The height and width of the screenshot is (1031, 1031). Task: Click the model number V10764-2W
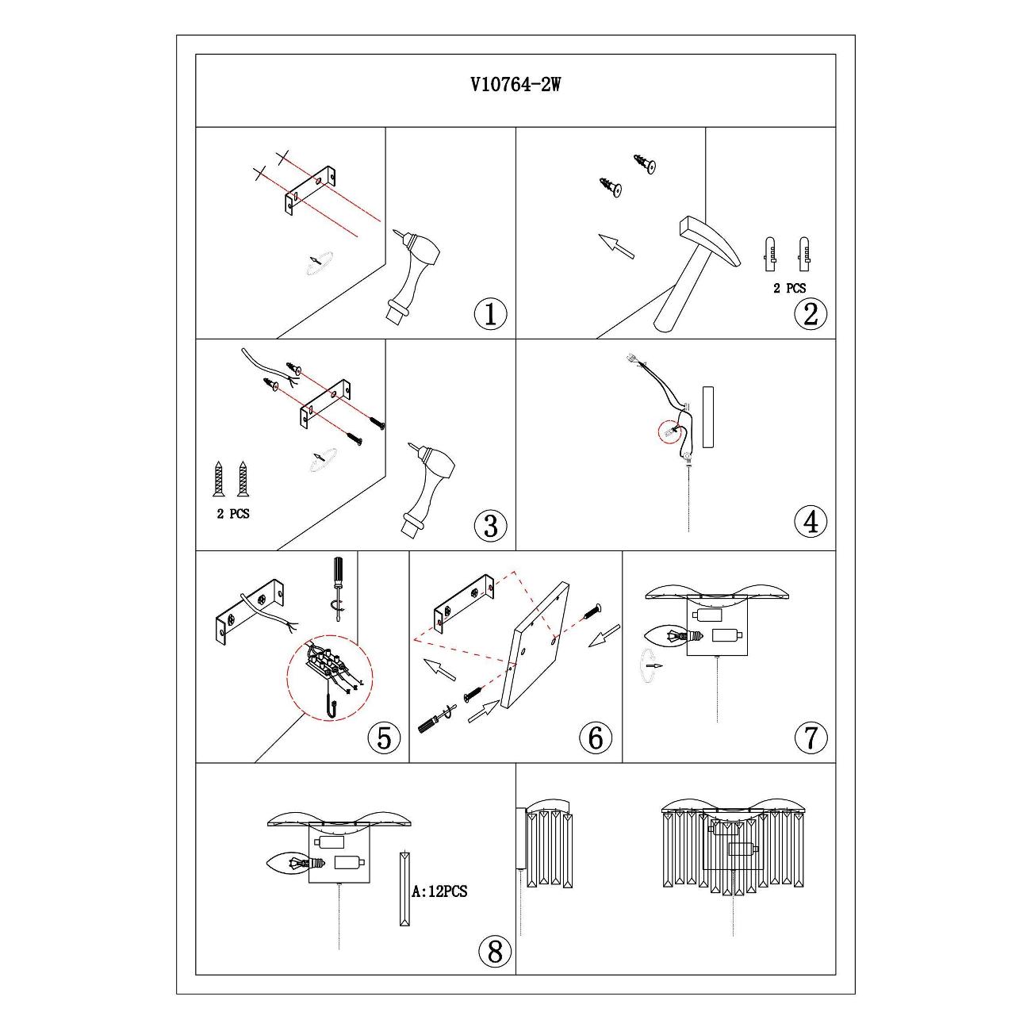pos(515,86)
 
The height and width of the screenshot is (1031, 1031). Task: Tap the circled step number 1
pos(490,314)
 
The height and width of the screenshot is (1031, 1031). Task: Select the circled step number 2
pos(810,314)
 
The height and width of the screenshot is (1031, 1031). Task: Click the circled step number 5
pos(384,738)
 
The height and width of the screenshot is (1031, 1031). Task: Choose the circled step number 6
pos(596,738)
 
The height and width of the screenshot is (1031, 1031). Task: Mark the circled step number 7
pos(810,738)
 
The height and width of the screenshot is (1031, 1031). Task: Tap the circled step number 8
pos(495,950)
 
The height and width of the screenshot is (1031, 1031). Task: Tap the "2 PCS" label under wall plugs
pos(789,289)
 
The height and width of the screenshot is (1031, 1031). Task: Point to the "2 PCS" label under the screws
pos(233,514)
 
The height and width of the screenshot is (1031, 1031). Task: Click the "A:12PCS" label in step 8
pos(440,891)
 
